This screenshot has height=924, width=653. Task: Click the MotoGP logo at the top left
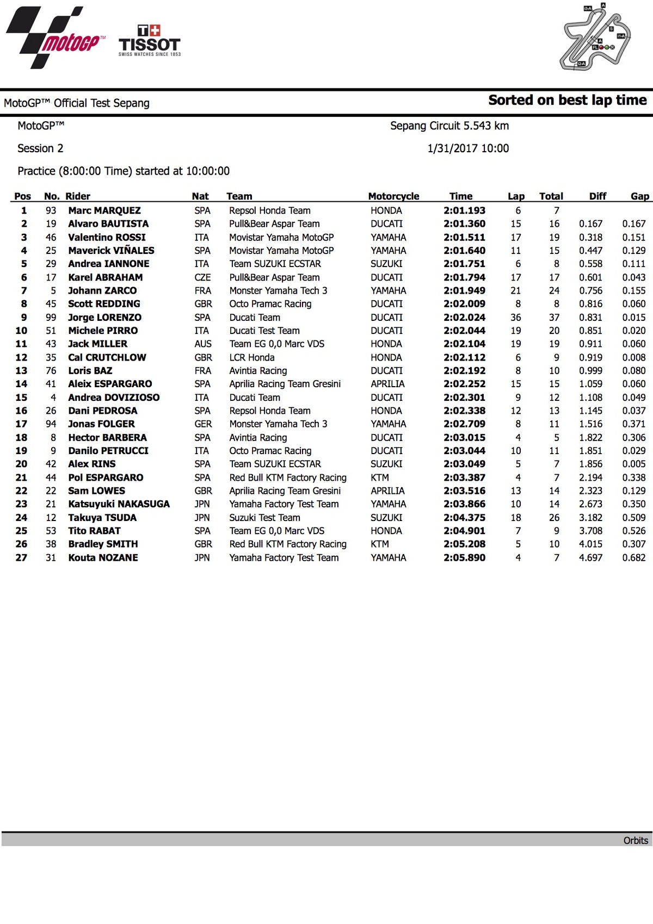click(x=54, y=38)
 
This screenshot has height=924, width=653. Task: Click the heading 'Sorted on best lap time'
click(x=567, y=100)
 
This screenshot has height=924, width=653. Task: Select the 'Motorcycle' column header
click(x=393, y=196)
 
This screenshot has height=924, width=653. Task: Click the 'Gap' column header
click(x=639, y=196)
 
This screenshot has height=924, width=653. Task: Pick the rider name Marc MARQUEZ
click(x=104, y=210)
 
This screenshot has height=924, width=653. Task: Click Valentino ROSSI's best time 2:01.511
click(x=464, y=237)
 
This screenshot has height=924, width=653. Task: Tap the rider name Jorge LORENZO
click(x=104, y=317)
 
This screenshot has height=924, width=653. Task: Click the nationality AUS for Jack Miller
click(x=202, y=344)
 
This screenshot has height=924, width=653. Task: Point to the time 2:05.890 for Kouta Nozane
click(x=464, y=557)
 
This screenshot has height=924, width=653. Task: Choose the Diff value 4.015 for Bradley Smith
click(x=590, y=544)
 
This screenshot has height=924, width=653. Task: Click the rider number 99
click(x=51, y=317)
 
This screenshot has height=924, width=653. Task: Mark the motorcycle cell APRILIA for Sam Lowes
click(x=387, y=491)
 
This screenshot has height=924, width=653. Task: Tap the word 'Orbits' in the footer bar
click(x=636, y=840)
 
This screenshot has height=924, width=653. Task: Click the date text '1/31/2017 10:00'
click(x=468, y=148)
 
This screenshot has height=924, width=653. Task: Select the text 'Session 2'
click(x=40, y=148)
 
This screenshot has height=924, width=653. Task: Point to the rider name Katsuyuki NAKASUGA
click(x=119, y=504)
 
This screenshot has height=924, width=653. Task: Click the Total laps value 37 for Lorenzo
click(x=554, y=317)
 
